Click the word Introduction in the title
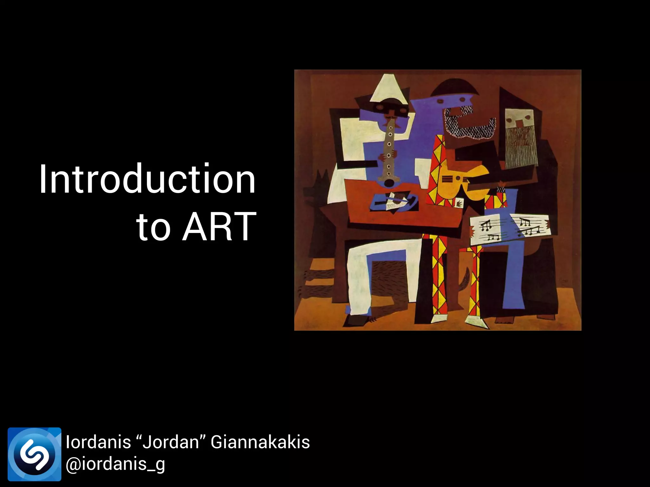pyautogui.click(x=147, y=179)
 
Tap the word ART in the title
pyautogui.click(x=219, y=227)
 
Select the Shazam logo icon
pyautogui.click(x=34, y=454)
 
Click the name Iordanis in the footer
pyautogui.click(x=98, y=442)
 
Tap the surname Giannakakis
pyautogui.click(x=260, y=442)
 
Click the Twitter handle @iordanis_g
pyautogui.click(x=115, y=464)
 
